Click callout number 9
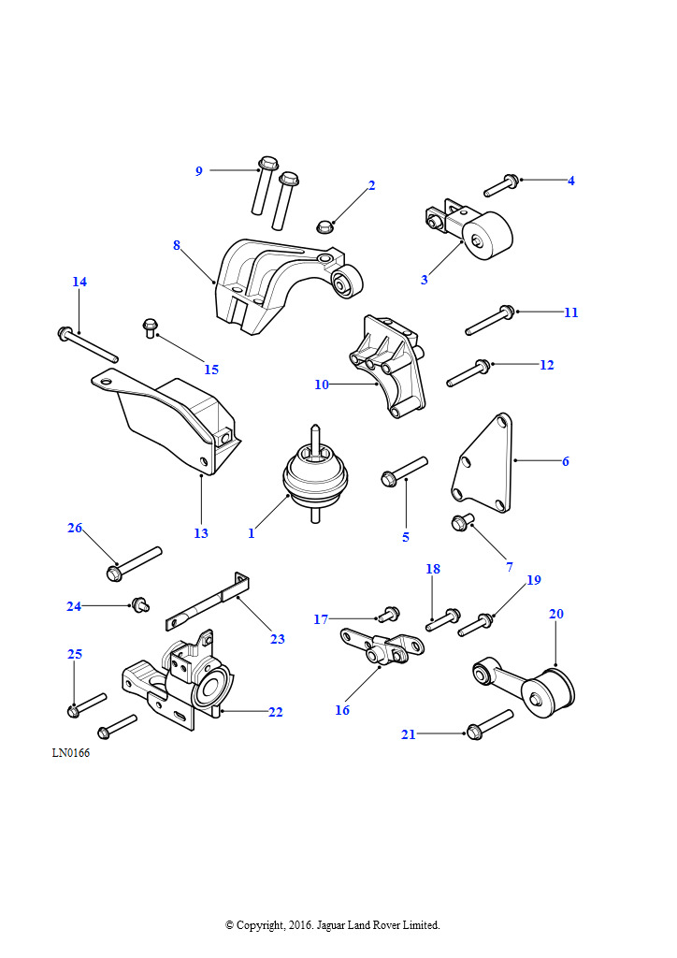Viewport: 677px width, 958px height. pos(198,171)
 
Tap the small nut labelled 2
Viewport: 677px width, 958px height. pos(324,226)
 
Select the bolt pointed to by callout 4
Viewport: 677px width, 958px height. pos(501,185)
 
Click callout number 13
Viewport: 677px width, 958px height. pos(201,533)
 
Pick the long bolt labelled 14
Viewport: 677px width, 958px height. pos(88,344)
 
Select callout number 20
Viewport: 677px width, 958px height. pos(556,614)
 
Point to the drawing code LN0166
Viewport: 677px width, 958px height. pos(71,753)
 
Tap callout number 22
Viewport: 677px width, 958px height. pos(275,712)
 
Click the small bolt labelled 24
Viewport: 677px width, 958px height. pos(141,605)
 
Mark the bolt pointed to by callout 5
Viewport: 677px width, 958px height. pos(404,472)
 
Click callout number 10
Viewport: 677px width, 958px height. pos(322,385)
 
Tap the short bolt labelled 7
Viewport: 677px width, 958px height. pos(463,523)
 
